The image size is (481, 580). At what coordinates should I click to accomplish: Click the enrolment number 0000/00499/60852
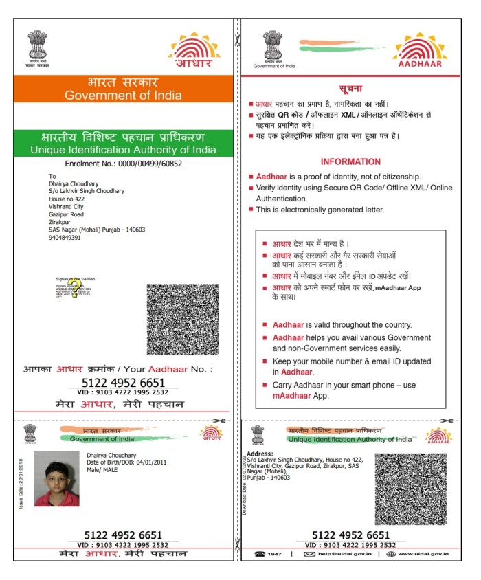[150, 164]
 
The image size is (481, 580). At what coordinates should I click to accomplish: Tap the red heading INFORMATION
[350, 162]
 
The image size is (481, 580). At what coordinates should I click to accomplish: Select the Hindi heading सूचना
[350, 89]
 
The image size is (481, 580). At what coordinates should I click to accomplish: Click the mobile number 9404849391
[65, 238]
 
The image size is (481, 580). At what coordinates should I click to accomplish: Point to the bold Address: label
[259, 454]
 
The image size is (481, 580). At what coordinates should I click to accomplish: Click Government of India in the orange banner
[123, 96]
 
